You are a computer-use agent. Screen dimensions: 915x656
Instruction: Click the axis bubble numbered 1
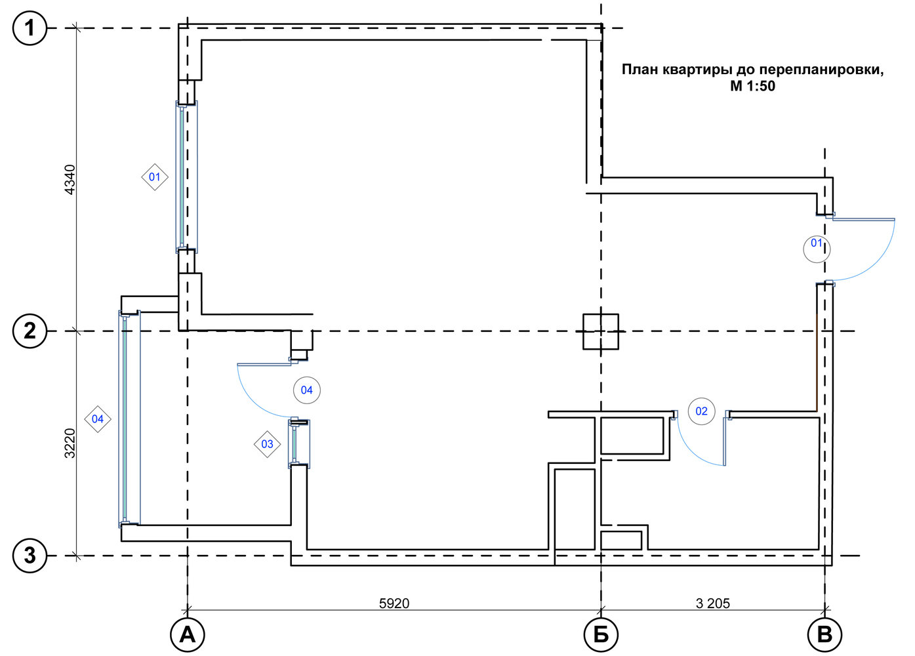pos(30,28)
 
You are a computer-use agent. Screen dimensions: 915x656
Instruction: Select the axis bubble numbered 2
pos(30,331)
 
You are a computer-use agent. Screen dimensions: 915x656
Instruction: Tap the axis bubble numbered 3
pos(30,556)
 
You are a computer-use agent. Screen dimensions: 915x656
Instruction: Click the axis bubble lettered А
pos(188,635)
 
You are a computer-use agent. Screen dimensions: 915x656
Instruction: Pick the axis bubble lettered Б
pos(601,635)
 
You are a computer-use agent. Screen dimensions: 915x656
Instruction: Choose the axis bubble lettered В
pos(824,635)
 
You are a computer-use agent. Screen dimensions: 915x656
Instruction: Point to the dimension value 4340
pos(70,180)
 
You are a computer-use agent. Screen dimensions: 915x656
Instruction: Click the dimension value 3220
pos(70,443)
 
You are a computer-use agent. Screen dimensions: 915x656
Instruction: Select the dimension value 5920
pos(394,604)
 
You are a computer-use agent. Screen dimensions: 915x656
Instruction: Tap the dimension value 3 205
pos(713,604)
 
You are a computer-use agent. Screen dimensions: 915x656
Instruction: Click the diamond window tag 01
pos(155,177)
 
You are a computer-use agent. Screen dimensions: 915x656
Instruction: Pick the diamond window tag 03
pos(267,444)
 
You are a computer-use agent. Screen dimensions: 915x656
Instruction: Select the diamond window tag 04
pos(98,419)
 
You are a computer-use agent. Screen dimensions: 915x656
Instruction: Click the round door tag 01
pos(817,249)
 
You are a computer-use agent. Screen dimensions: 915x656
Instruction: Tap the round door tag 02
pos(701,411)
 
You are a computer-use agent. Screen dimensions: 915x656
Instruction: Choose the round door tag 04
pos(307,390)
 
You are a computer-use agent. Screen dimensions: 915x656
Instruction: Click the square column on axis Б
pos(600,331)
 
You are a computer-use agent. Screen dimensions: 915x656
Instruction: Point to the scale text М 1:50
pos(752,86)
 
